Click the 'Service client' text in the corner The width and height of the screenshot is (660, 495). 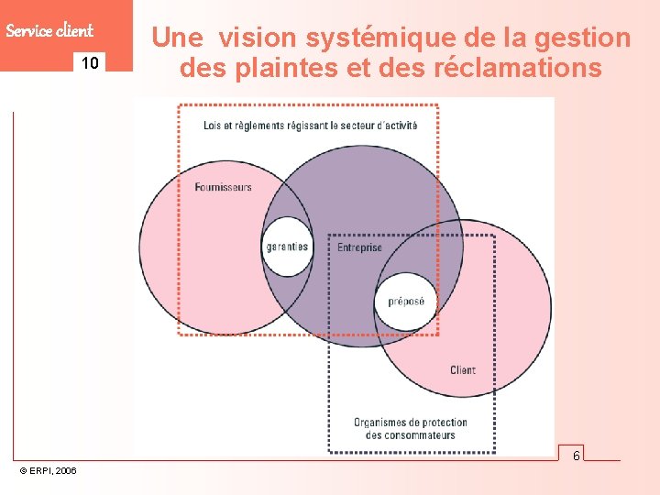[49, 30]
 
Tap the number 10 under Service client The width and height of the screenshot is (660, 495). [90, 63]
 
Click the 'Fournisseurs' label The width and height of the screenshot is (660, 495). [223, 187]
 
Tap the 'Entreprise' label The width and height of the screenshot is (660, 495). [359, 247]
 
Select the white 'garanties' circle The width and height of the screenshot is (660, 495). [287, 247]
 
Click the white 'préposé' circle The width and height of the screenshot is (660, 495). [406, 301]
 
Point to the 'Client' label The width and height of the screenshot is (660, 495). [463, 370]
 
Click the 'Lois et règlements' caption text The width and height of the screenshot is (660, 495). [310, 125]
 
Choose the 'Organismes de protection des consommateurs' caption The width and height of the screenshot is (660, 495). [411, 428]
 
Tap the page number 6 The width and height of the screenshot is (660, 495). [577, 456]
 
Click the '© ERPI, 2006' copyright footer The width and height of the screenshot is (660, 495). [49, 470]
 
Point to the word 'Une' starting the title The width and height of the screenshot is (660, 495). [178, 38]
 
